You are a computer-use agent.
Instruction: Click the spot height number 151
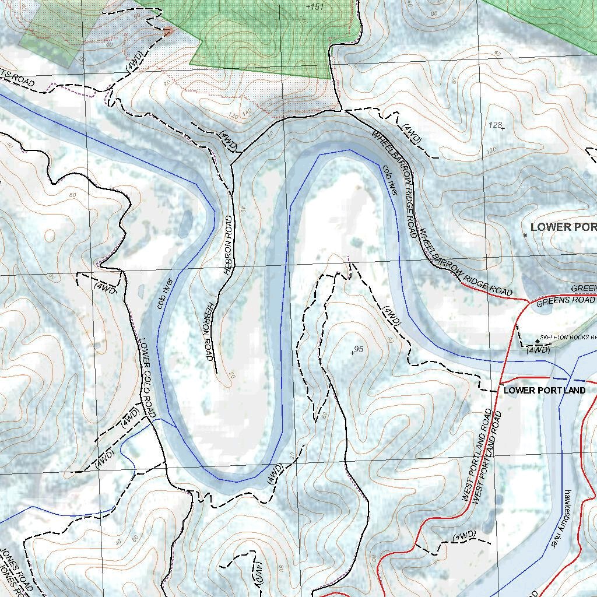(x=315, y=6)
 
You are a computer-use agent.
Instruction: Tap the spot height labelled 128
(x=496, y=125)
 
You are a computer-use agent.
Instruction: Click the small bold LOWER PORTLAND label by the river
(x=545, y=390)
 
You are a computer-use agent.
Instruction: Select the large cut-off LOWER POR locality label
(x=563, y=227)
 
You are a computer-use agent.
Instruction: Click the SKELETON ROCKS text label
(x=568, y=337)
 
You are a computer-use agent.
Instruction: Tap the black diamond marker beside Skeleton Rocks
(x=537, y=340)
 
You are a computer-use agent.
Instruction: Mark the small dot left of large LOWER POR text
(x=525, y=235)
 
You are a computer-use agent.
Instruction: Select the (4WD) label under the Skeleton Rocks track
(x=538, y=350)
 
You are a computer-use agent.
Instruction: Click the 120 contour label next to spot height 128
(x=491, y=150)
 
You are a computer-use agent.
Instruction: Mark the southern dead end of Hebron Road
(x=217, y=372)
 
